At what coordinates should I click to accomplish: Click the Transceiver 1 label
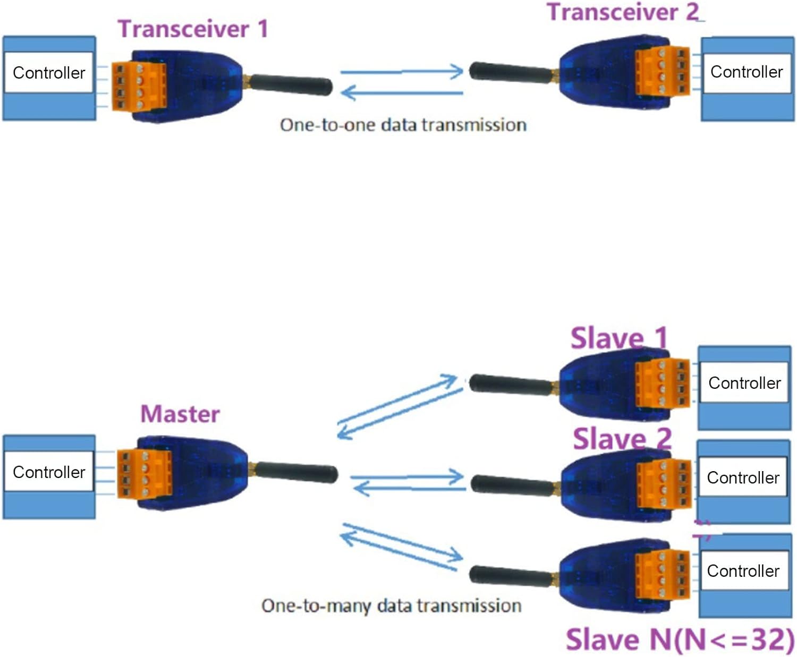192,29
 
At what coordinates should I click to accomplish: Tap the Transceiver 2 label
623,12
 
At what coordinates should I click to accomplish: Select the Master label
180,414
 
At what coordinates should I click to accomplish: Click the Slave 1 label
618,338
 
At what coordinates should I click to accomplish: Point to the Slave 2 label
622,439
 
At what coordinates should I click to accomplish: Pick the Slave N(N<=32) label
680,639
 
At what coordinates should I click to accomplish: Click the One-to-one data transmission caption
403,125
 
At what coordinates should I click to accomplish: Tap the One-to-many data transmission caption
391,606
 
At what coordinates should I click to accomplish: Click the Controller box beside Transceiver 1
49,73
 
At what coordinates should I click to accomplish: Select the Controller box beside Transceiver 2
747,72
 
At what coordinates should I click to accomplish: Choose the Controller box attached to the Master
49,472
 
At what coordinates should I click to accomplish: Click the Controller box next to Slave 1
744,383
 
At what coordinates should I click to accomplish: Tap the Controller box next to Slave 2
743,477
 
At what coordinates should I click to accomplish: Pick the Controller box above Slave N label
743,571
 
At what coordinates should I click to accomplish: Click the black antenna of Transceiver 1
291,85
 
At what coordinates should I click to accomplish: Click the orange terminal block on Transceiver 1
138,87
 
